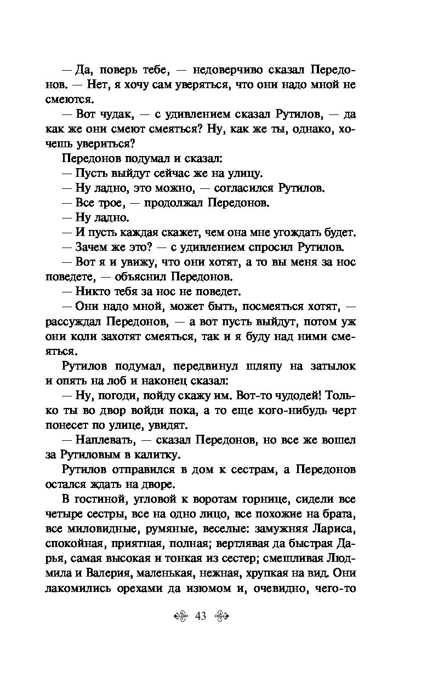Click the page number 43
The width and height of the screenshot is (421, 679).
tap(199, 617)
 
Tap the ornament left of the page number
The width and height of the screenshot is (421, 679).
tap(181, 617)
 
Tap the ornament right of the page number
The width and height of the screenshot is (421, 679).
tap(219, 617)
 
